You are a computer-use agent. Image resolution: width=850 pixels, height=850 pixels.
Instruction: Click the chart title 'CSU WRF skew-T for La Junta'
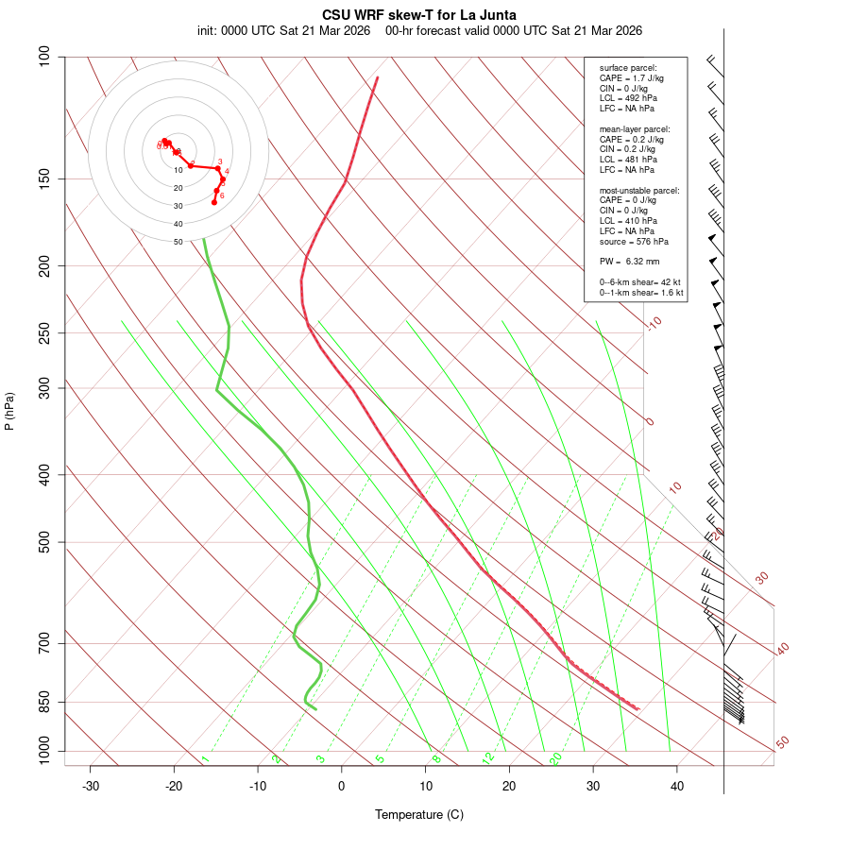[x=419, y=15]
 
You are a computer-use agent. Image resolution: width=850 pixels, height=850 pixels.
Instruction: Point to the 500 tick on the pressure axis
[x=44, y=542]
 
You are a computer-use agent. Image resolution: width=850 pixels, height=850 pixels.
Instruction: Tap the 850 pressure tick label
[x=44, y=702]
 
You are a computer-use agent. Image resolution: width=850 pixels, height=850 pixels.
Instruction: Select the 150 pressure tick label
[x=44, y=178]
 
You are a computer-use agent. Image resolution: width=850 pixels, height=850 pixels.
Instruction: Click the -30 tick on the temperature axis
[x=91, y=787]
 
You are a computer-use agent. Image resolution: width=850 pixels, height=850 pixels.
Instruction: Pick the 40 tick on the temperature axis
[x=676, y=787]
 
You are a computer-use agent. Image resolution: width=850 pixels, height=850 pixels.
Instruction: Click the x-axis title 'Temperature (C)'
[x=419, y=814]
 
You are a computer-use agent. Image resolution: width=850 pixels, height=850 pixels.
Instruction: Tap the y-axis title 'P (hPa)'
[x=9, y=411]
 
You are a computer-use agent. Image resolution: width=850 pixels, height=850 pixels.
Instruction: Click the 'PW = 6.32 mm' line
[x=629, y=261]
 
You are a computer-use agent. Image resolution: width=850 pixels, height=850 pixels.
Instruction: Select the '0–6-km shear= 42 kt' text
[x=639, y=282]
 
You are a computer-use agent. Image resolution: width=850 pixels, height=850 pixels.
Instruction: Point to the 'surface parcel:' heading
[x=627, y=68]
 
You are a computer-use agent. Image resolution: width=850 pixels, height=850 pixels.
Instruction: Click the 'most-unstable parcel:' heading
[x=639, y=191]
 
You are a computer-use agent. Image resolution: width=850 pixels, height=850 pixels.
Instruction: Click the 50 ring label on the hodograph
[x=178, y=242]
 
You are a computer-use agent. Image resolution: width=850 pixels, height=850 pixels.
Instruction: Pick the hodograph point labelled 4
[x=223, y=178]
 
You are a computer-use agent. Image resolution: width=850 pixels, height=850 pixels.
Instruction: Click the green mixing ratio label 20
[x=556, y=757]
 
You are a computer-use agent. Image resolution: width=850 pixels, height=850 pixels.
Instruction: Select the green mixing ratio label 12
[x=488, y=757]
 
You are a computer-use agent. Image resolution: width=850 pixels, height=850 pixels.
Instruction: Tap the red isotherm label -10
[x=654, y=324]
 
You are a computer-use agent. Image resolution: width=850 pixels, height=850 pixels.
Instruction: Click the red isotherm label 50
[x=782, y=743]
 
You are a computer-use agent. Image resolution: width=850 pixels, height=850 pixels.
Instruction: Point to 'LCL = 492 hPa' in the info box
[x=627, y=98]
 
